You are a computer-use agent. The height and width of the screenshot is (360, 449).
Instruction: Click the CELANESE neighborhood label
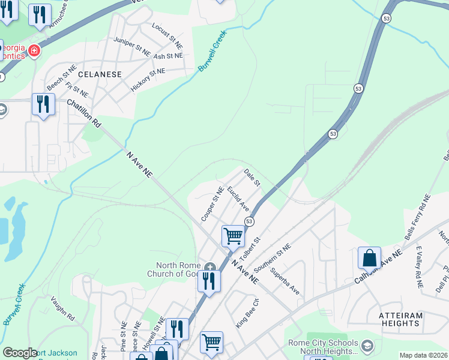click(100, 74)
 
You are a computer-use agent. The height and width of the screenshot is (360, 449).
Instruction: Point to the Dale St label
click(252, 177)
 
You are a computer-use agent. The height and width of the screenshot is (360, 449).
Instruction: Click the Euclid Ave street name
click(238, 199)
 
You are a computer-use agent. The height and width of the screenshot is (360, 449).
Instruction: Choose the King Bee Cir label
click(247, 313)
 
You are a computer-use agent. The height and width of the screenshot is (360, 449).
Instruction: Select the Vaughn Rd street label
click(62, 308)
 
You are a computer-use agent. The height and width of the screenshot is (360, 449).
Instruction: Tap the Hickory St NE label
click(148, 80)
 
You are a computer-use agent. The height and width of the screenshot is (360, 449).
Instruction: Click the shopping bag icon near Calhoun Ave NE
click(370, 257)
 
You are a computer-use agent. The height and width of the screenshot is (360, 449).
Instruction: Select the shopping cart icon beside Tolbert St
click(233, 235)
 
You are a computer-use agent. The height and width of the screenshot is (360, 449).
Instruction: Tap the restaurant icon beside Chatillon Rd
click(43, 104)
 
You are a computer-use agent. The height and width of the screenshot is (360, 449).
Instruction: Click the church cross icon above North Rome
click(209, 266)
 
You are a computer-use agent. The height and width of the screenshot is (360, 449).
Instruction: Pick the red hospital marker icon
click(34, 50)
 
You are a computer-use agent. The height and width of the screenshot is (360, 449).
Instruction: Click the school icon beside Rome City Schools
click(367, 346)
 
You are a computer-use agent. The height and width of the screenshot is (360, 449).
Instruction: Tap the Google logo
click(20, 353)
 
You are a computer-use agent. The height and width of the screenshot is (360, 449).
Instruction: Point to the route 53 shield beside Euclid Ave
click(249, 221)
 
